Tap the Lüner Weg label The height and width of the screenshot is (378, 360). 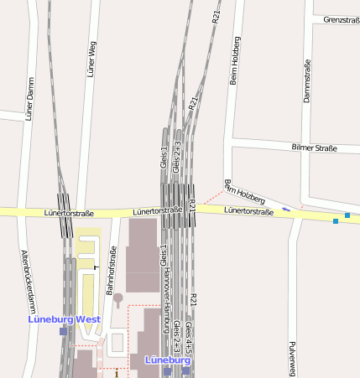click(x=91, y=57)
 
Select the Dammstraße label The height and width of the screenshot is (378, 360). click(x=306, y=81)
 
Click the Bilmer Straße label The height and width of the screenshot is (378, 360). click(x=314, y=148)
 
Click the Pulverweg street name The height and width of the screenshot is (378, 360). click(x=292, y=358)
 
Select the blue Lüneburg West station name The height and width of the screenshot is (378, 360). click(x=64, y=319)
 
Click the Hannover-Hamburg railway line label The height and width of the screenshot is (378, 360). click(x=166, y=297)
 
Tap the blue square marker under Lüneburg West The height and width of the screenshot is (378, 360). click(x=63, y=331)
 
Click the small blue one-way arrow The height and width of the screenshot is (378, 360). click(x=286, y=208)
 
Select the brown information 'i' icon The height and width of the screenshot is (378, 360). click(x=117, y=374)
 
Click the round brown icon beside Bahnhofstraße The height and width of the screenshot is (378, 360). click(x=117, y=298)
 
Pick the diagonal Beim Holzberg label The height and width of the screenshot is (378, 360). click(x=245, y=192)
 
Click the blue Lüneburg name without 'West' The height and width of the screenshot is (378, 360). click(x=168, y=360)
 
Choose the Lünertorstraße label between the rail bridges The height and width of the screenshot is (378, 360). click(x=157, y=211)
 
